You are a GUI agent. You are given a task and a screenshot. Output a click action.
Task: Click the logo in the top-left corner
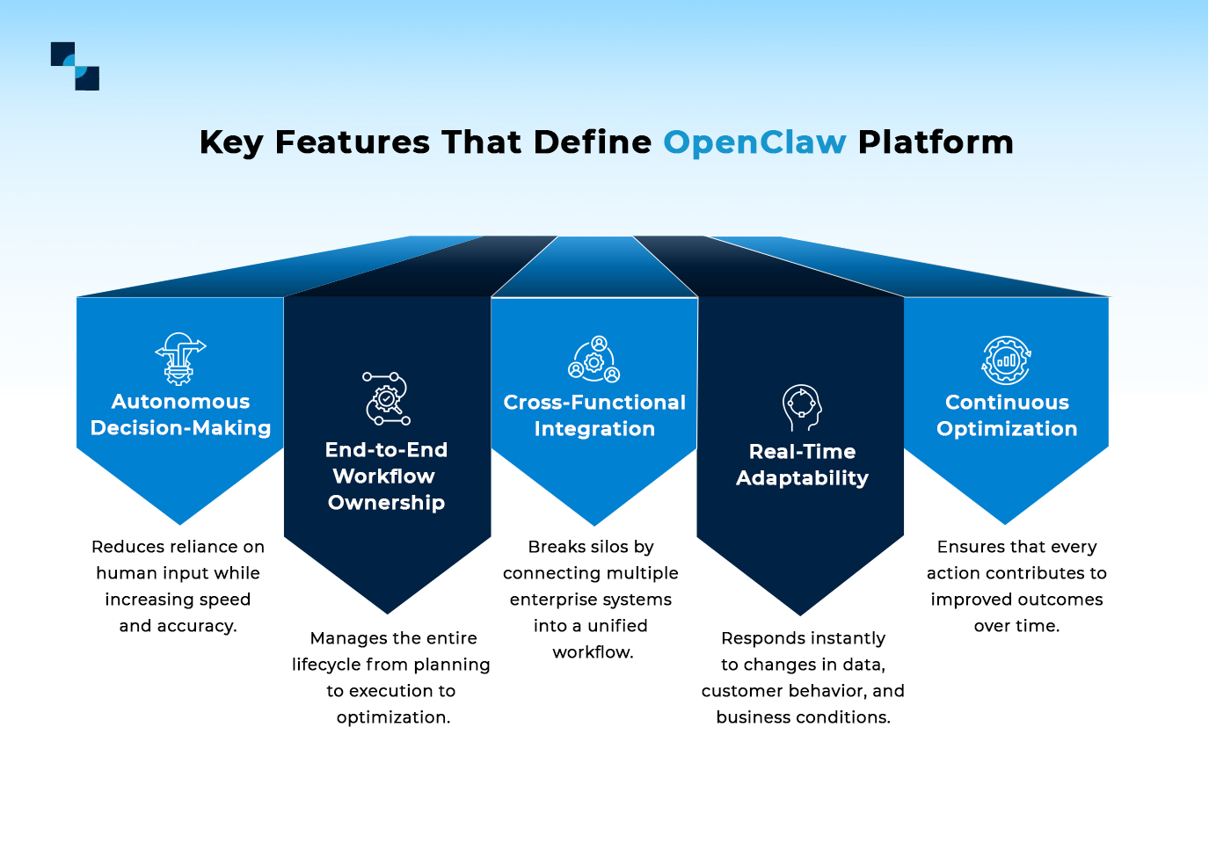click(x=75, y=66)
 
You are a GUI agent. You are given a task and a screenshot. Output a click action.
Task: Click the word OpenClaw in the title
click(x=754, y=142)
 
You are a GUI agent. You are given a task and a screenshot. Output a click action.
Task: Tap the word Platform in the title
click(x=936, y=142)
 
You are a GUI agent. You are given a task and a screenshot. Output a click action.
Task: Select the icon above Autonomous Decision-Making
click(x=180, y=359)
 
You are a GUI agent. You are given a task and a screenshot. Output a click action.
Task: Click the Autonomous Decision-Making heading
click(x=180, y=415)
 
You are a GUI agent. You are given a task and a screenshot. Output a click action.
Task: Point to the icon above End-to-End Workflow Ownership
click(x=387, y=398)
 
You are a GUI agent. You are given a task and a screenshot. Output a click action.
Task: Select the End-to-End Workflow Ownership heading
click(x=387, y=476)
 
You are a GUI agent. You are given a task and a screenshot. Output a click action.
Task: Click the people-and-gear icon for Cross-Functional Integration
click(x=594, y=360)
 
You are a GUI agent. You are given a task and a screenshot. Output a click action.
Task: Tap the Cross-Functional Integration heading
click(x=594, y=416)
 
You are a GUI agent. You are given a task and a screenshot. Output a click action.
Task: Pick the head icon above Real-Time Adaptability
click(x=802, y=408)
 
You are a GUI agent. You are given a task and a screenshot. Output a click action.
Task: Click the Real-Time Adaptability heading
click(x=802, y=465)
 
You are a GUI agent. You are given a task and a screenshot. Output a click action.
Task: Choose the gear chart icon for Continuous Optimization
click(x=1006, y=360)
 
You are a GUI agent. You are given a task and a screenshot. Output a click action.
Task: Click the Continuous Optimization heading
click(x=1007, y=416)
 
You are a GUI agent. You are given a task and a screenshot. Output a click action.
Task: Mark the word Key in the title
click(x=231, y=142)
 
